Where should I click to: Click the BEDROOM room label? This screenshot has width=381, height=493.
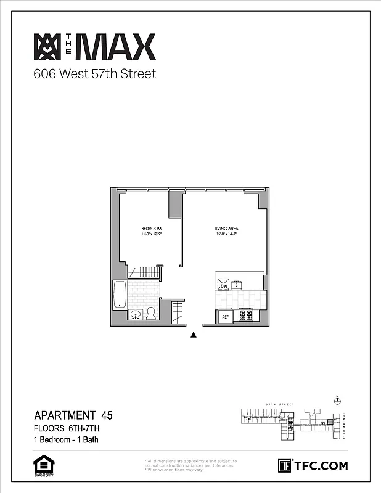pos(151,229)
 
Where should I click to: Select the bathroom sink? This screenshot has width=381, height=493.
pos(135,314)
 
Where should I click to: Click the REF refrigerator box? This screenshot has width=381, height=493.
pos(226,317)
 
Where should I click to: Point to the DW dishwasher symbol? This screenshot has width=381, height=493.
pos(223,285)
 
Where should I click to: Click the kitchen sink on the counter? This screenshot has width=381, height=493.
pos(237,285)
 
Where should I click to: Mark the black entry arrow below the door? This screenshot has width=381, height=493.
pos(194,335)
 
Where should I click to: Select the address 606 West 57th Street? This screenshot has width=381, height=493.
pos(94,75)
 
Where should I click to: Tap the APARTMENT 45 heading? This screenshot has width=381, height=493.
pos(73,415)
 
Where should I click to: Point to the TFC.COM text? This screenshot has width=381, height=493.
pos(321,465)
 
